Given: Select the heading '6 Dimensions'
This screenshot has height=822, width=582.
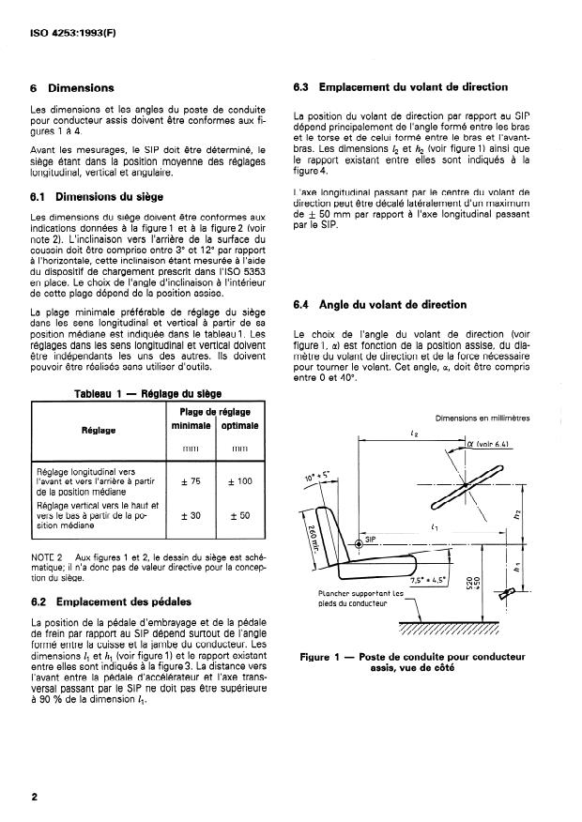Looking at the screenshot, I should pos(72,88).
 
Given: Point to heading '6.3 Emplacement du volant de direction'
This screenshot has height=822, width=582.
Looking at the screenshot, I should pos(401,87).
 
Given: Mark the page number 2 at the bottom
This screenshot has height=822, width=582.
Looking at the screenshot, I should pos(35,799).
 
